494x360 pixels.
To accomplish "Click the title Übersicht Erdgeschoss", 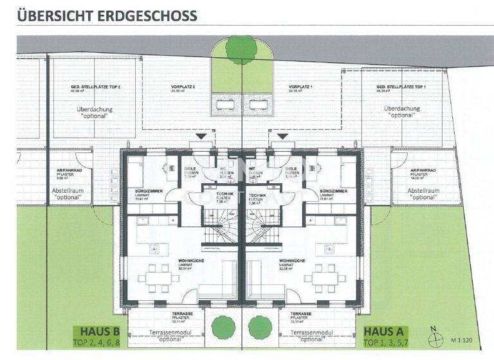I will coord(107,14).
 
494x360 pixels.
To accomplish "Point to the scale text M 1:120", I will coord(461,339).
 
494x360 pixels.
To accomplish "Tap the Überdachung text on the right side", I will coord(401,109).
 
